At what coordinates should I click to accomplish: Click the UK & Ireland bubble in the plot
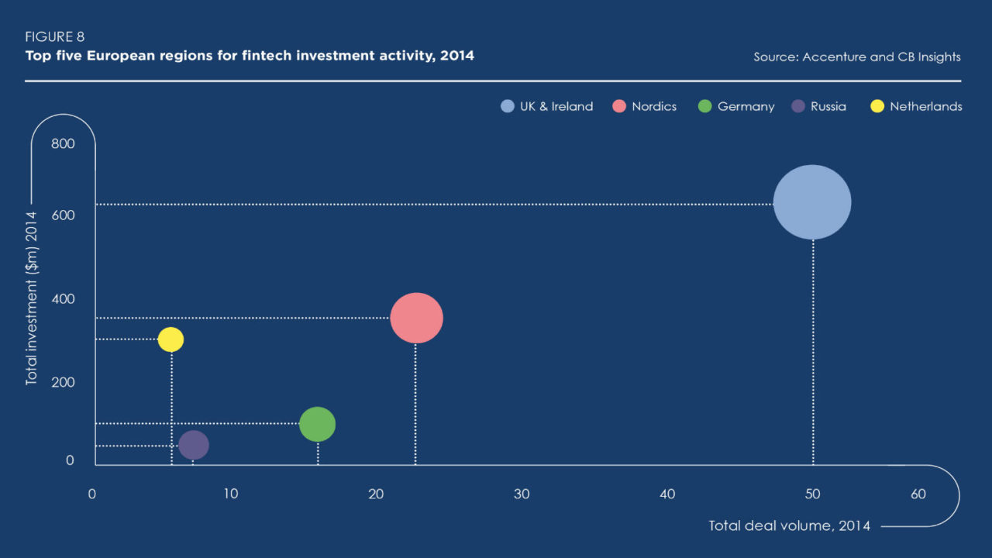(x=812, y=202)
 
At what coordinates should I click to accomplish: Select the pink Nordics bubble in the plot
(x=416, y=318)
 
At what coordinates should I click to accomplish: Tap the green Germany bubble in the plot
(x=317, y=424)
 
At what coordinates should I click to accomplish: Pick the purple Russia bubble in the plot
(x=194, y=445)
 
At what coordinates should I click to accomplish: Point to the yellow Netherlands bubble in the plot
(x=170, y=339)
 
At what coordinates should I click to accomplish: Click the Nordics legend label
(x=654, y=106)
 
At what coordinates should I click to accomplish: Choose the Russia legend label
(x=828, y=106)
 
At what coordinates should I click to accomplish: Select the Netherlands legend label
(x=926, y=106)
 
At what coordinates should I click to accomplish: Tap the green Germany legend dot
(x=704, y=106)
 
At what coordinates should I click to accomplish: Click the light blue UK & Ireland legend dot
(x=508, y=106)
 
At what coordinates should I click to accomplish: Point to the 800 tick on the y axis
(x=63, y=143)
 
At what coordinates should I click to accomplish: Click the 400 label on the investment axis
(x=63, y=299)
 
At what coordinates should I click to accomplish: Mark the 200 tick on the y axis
(x=63, y=382)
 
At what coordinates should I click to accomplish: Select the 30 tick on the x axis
(x=522, y=494)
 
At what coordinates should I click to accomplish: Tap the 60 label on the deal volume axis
(x=918, y=494)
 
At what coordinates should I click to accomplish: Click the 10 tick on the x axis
(x=231, y=494)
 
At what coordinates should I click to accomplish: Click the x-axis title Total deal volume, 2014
(x=789, y=525)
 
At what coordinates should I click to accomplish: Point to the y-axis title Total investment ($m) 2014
(x=32, y=298)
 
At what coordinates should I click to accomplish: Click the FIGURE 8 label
(x=54, y=36)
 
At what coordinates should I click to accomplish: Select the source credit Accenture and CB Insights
(x=881, y=57)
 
